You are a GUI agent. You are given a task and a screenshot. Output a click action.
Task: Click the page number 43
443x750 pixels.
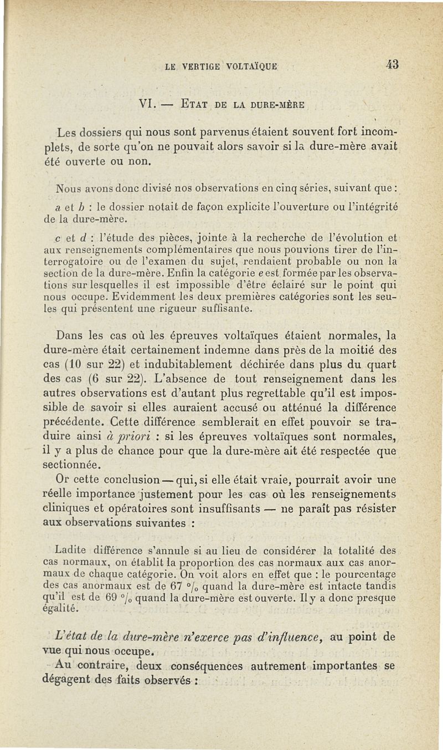pos(392,64)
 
